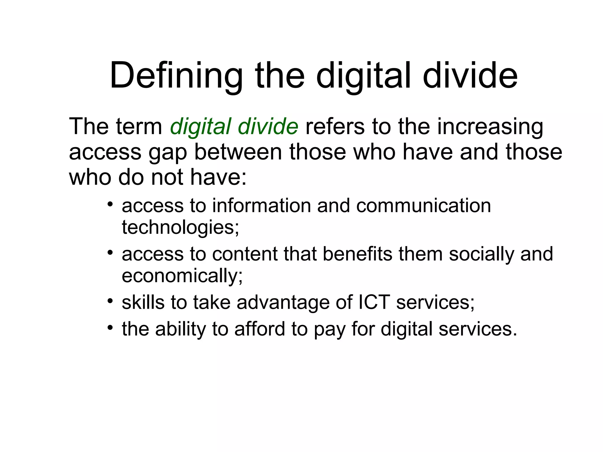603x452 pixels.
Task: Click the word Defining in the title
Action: click(176, 76)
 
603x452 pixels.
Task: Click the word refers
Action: click(335, 127)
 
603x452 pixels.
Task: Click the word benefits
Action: click(357, 254)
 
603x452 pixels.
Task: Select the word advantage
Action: click(283, 303)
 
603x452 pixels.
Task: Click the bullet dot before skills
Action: click(110, 301)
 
